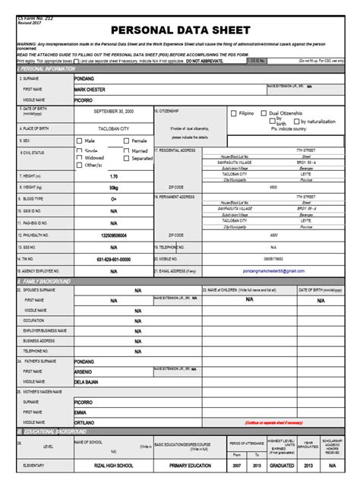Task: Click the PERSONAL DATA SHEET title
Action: tap(179, 30)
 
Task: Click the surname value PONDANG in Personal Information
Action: tap(84, 78)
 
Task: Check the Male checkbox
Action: tap(80, 141)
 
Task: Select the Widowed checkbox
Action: tap(80, 158)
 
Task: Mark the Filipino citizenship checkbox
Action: tap(232, 113)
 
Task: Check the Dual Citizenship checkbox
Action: tap(264, 113)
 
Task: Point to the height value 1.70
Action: tap(113, 176)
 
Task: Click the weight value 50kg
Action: tap(113, 188)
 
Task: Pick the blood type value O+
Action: tap(113, 200)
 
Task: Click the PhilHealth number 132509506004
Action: tap(113, 235)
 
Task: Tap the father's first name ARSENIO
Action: tap(83, 371)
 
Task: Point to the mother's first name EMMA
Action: tap(80, 412)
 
